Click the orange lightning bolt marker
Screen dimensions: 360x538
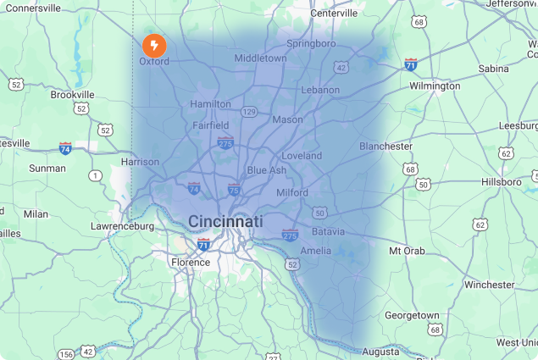(154, 45)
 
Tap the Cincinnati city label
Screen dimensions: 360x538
(225, 221)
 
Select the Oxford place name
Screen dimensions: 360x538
(154, 62)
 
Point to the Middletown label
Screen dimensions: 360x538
(260, 58)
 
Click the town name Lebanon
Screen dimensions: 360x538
(320, 90)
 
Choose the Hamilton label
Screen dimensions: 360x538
(211, 103)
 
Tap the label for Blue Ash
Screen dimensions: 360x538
(266, 170)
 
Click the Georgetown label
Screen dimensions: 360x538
(412, 315)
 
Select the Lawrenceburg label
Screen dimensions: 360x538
(123, 226)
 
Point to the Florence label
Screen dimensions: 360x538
(191, 263)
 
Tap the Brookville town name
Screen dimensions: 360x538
(72, 95)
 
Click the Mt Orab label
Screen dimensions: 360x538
(408, 252)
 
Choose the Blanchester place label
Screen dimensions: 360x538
(385, 146)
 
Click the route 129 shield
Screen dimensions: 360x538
(249, 111)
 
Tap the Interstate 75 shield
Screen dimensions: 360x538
(233, 189)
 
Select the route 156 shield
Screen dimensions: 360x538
(65, 353)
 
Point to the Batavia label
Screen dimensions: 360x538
(327, 231)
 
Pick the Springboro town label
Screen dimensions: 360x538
(311, 43)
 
